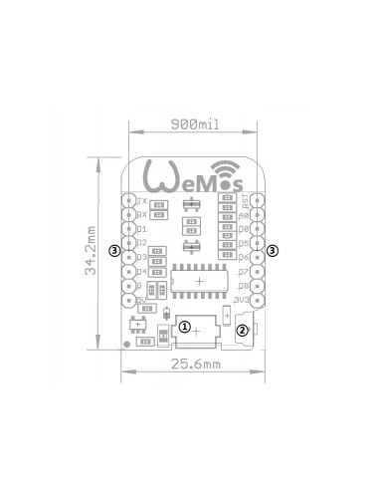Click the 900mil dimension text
point(194,123)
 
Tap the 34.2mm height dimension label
point(94,257)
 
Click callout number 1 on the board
point(185,326)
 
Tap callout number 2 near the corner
point(243,331)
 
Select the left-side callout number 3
point(115,251)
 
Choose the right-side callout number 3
point(274,251)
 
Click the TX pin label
point(142,200)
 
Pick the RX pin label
point(142,214)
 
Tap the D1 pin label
point(142,228)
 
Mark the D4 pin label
point(142,271)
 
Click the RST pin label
point(243,200)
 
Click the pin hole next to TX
point(129,200)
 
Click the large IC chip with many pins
point(199,282)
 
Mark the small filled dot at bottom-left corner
point(125,345)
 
